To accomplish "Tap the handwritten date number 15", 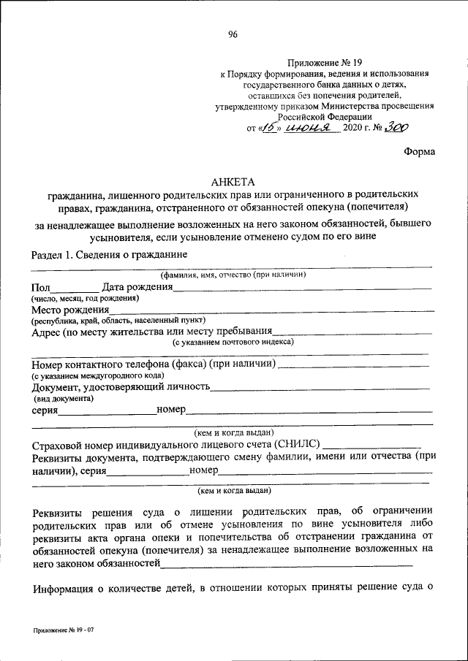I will pos(270,127).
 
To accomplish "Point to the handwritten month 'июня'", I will pos(309,127).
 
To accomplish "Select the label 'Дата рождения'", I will pos(137,287).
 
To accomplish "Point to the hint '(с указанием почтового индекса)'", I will pos(233,342).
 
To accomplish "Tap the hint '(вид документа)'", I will pos(63,399).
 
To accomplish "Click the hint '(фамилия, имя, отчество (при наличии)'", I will pos(233,275).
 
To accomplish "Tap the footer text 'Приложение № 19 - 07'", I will pos(64,630).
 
